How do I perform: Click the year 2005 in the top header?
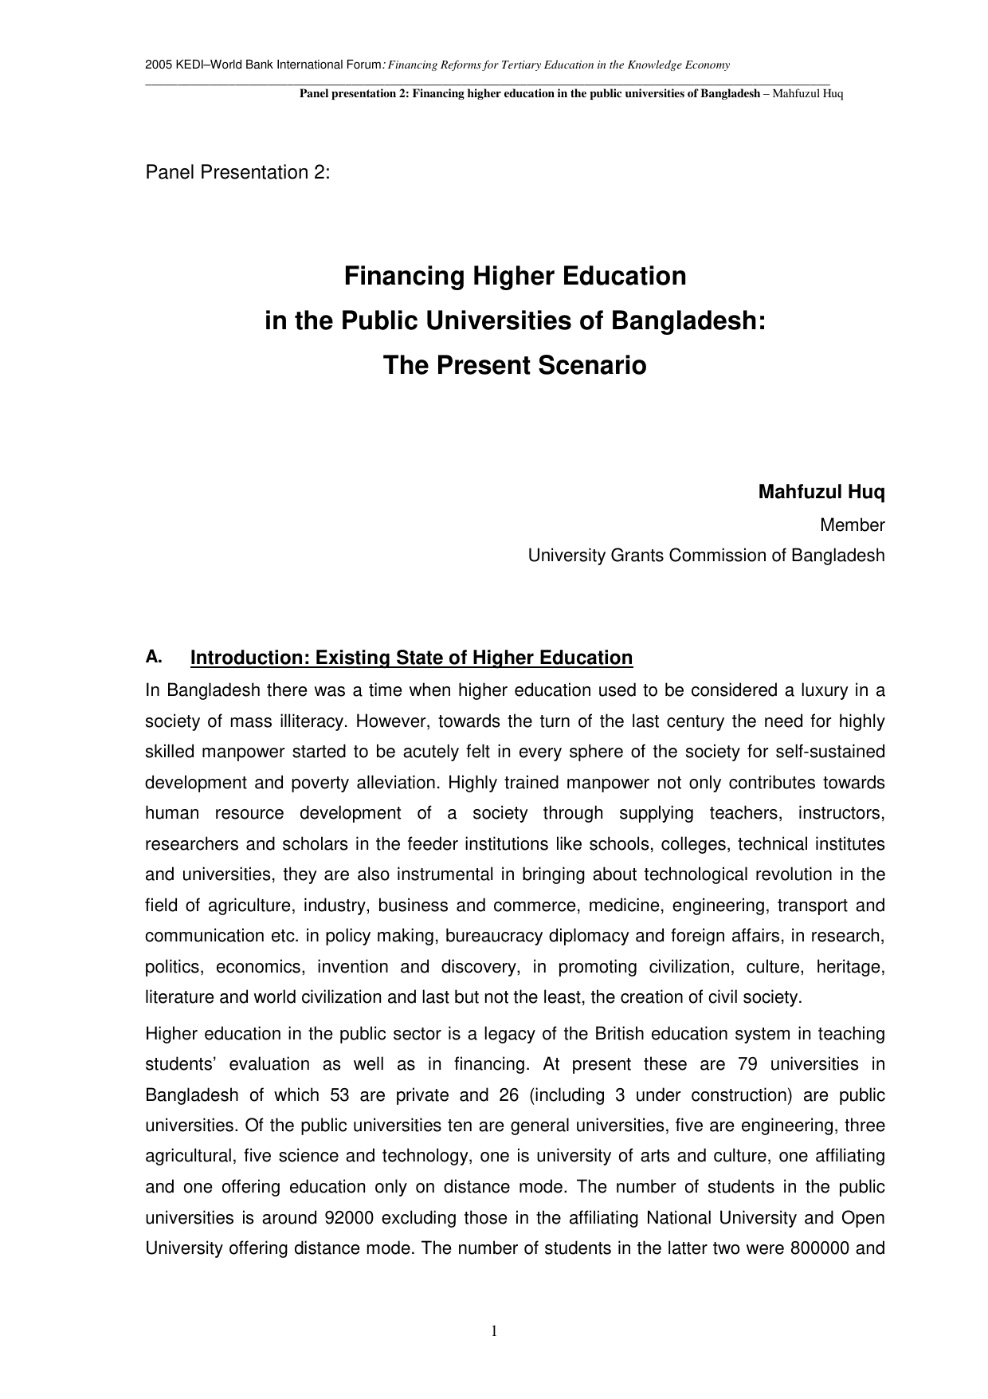(x=156, y=65)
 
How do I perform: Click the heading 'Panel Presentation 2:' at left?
(x=237, y=172)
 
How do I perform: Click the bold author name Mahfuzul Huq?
(x=821, y=492)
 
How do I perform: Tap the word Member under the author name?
(x=852, y=525)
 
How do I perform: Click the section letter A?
(x=154, y=657)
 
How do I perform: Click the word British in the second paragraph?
(x=620, y=1034)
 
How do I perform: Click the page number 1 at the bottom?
(x=494, y=1330)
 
